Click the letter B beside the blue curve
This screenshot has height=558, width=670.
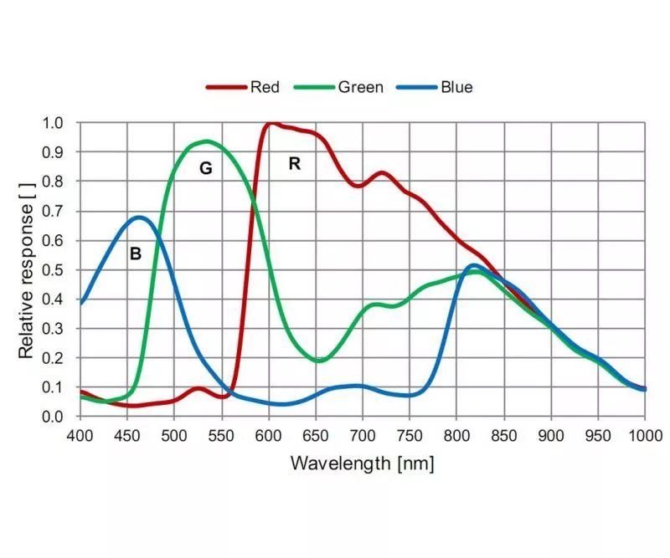[135, 253]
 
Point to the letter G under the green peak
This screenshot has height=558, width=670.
[205, 168]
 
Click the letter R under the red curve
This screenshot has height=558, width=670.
[294, 164]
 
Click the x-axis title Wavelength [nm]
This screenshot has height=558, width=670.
[362, 463]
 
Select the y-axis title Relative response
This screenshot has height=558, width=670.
[27, 269]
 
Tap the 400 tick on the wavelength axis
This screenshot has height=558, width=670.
[80, 435]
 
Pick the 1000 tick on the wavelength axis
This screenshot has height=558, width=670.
[645, 435]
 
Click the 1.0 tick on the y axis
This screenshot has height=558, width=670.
[52, 123]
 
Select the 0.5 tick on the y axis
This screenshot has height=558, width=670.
[52, 269]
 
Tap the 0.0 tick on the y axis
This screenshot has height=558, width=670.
[52, 417]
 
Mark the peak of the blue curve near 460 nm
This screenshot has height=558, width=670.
[138, 218]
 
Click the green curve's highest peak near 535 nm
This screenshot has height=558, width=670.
[205, 141]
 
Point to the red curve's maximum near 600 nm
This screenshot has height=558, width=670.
[270, 124]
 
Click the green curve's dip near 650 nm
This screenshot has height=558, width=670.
[318, 361]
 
